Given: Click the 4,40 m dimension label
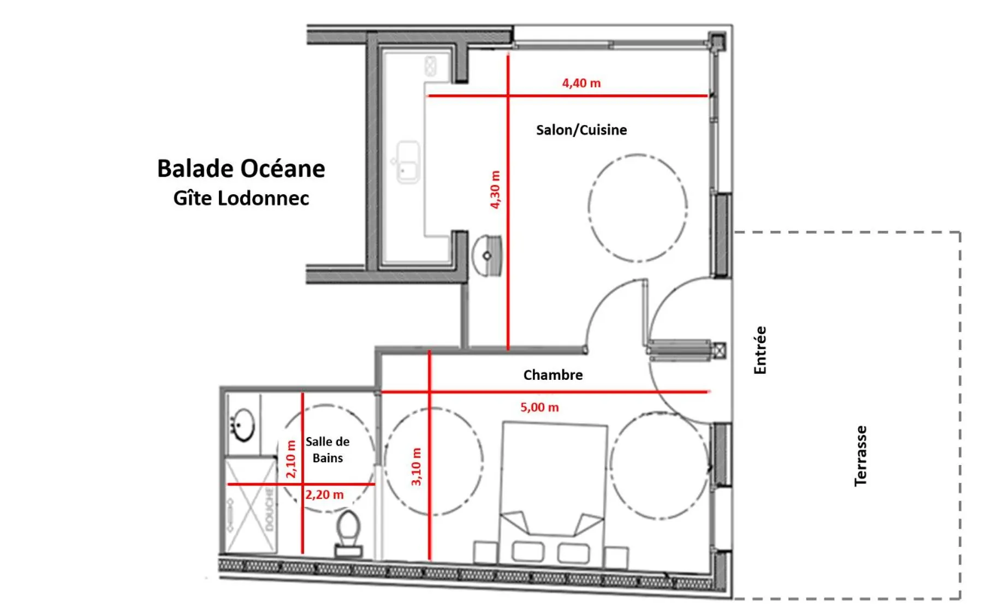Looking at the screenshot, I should click(x=581, y=83).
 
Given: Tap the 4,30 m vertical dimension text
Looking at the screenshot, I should click(x=495, y=189).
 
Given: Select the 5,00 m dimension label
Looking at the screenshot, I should click(x=539, y=407).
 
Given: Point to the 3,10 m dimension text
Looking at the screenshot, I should click(x=416, y=467).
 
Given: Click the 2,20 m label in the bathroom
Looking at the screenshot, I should click(x=324, y=494).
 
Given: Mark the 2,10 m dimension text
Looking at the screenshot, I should click(x=291, y=459).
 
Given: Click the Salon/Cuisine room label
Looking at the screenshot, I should click(x=581, y=130).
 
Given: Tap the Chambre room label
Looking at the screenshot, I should click(x=553, y=375).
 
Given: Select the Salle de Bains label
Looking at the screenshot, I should click(x=328, y=449).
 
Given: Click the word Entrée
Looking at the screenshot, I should click(x=760, y=350).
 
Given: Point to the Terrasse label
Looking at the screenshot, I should click(x=860, y=456).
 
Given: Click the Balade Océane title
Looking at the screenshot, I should click(x=241, y=169).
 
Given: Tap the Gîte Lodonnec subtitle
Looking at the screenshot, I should click(x=241, y=198).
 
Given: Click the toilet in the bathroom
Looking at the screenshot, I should click(x=348, y=532).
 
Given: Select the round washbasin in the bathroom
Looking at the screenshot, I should click(x=243, y=424).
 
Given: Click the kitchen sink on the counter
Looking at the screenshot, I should click(x=408, y=162).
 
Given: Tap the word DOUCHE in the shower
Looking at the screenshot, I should click(x=269, y=509).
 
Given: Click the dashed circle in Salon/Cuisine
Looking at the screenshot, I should click(x=637, y=208).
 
